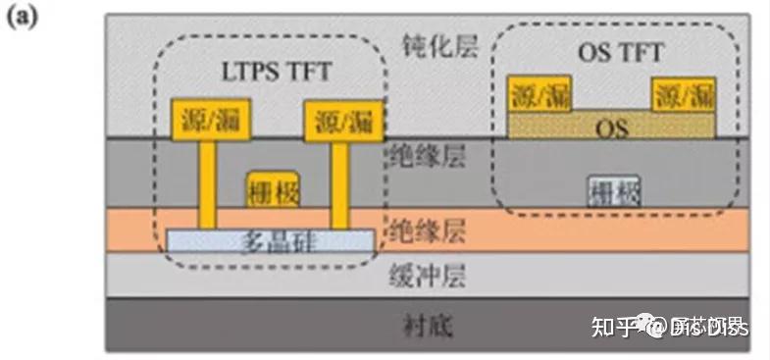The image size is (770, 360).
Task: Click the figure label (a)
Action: point(23,18)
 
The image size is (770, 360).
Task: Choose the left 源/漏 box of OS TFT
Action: point(539,95)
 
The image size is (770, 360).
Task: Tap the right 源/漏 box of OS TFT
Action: point(682,95)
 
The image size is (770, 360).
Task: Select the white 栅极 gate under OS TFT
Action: point(615,189)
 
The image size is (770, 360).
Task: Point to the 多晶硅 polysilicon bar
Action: point(270,239)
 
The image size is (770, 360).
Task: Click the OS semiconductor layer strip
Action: point(613,125)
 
